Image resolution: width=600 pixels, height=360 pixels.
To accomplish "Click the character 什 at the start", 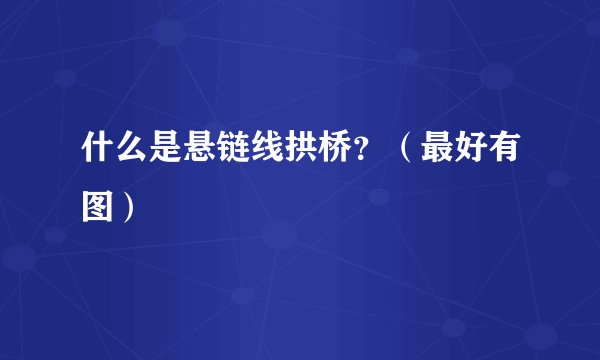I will tap(96, 158).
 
